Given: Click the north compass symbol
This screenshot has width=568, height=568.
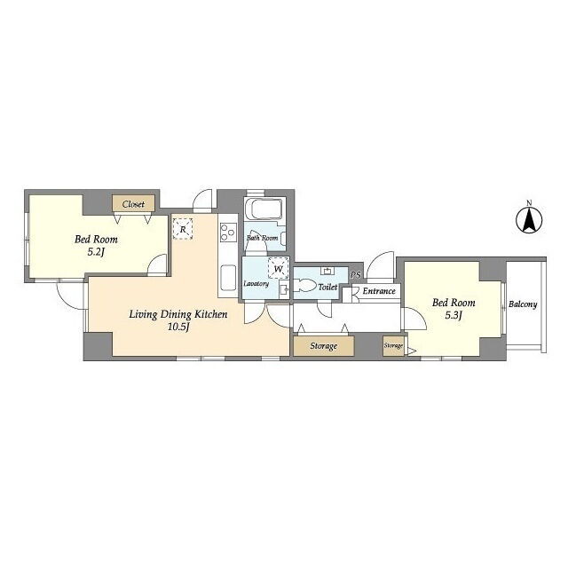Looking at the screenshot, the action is click(529, 219).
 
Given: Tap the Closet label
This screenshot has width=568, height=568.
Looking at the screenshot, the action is click(133, 204).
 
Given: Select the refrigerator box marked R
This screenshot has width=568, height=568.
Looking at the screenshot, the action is click(183, 229).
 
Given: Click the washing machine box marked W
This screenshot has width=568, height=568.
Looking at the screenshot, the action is click(278, 269).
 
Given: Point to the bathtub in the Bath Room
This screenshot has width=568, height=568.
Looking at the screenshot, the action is click(264, 209).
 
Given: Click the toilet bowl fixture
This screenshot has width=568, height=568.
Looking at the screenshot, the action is click(304, 285).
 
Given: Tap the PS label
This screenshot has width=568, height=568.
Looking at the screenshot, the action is click(356, 275).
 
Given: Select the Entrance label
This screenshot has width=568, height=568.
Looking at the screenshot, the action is click(379, 291).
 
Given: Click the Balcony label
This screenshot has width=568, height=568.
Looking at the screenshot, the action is click(523, 304).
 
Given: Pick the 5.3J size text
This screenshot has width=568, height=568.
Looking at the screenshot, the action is click(454, 316).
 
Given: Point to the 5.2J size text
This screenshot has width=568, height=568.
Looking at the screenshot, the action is click(96, 252).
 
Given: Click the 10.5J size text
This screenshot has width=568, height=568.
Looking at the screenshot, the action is click(178, 327).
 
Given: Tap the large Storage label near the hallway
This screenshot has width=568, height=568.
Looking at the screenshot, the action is click(323, 346).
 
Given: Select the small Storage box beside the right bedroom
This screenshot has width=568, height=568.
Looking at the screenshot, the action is click(393, 345).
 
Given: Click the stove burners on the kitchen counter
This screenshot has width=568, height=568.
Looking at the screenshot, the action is click(229, 233).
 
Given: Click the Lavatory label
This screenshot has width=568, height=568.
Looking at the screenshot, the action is click(256, 284).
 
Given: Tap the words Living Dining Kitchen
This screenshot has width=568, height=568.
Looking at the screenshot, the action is click(178, 314).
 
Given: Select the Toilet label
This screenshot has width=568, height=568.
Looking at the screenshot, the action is click(327, 288).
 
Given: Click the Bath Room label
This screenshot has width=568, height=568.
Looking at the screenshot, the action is click(263, 238).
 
